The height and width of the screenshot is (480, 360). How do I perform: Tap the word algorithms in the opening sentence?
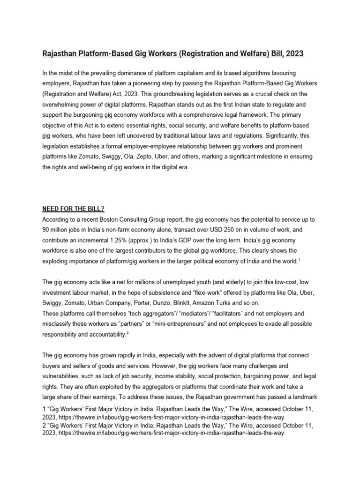click(248, 74)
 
